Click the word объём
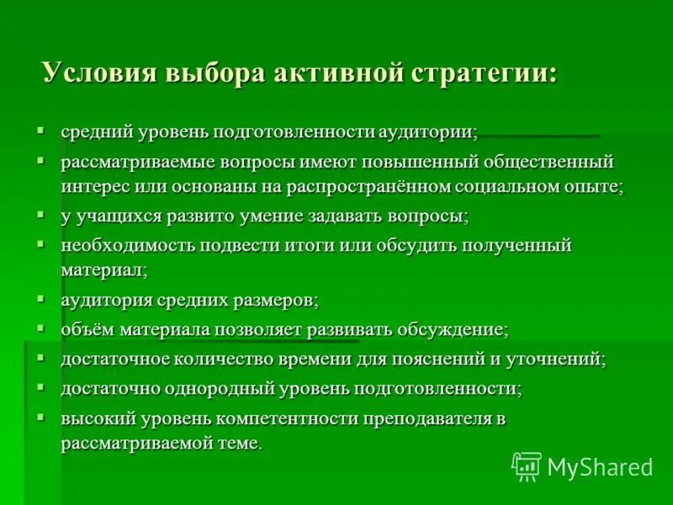(87, 329)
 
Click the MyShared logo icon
(526, 465)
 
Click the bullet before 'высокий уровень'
(40, 416)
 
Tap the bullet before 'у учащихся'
(40, 214)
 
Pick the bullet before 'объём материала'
(40, 327)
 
